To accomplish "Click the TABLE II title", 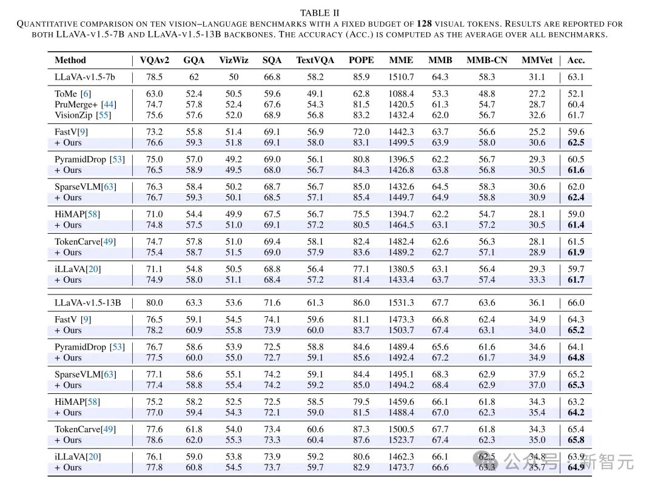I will pos(320,13).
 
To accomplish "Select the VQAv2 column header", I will pos(154,60).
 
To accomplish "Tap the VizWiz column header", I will pos(233,60).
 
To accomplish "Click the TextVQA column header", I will pos(315,60).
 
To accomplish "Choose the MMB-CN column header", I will pos(486,60).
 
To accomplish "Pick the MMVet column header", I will pos(536,60).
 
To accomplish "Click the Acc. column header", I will pos(576,60).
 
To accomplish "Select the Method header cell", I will pos(70,60).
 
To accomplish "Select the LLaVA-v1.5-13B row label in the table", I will pos(88,302).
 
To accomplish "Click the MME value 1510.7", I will pos(401,77).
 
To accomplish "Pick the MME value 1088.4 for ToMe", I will pos(401,93).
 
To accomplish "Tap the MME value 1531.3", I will pos(401,302).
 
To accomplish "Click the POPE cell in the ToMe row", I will pos(361,93).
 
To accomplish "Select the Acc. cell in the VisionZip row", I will pos(576,115).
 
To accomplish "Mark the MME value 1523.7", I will pos(401,440).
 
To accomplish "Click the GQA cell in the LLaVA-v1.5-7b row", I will pos(193,77).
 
